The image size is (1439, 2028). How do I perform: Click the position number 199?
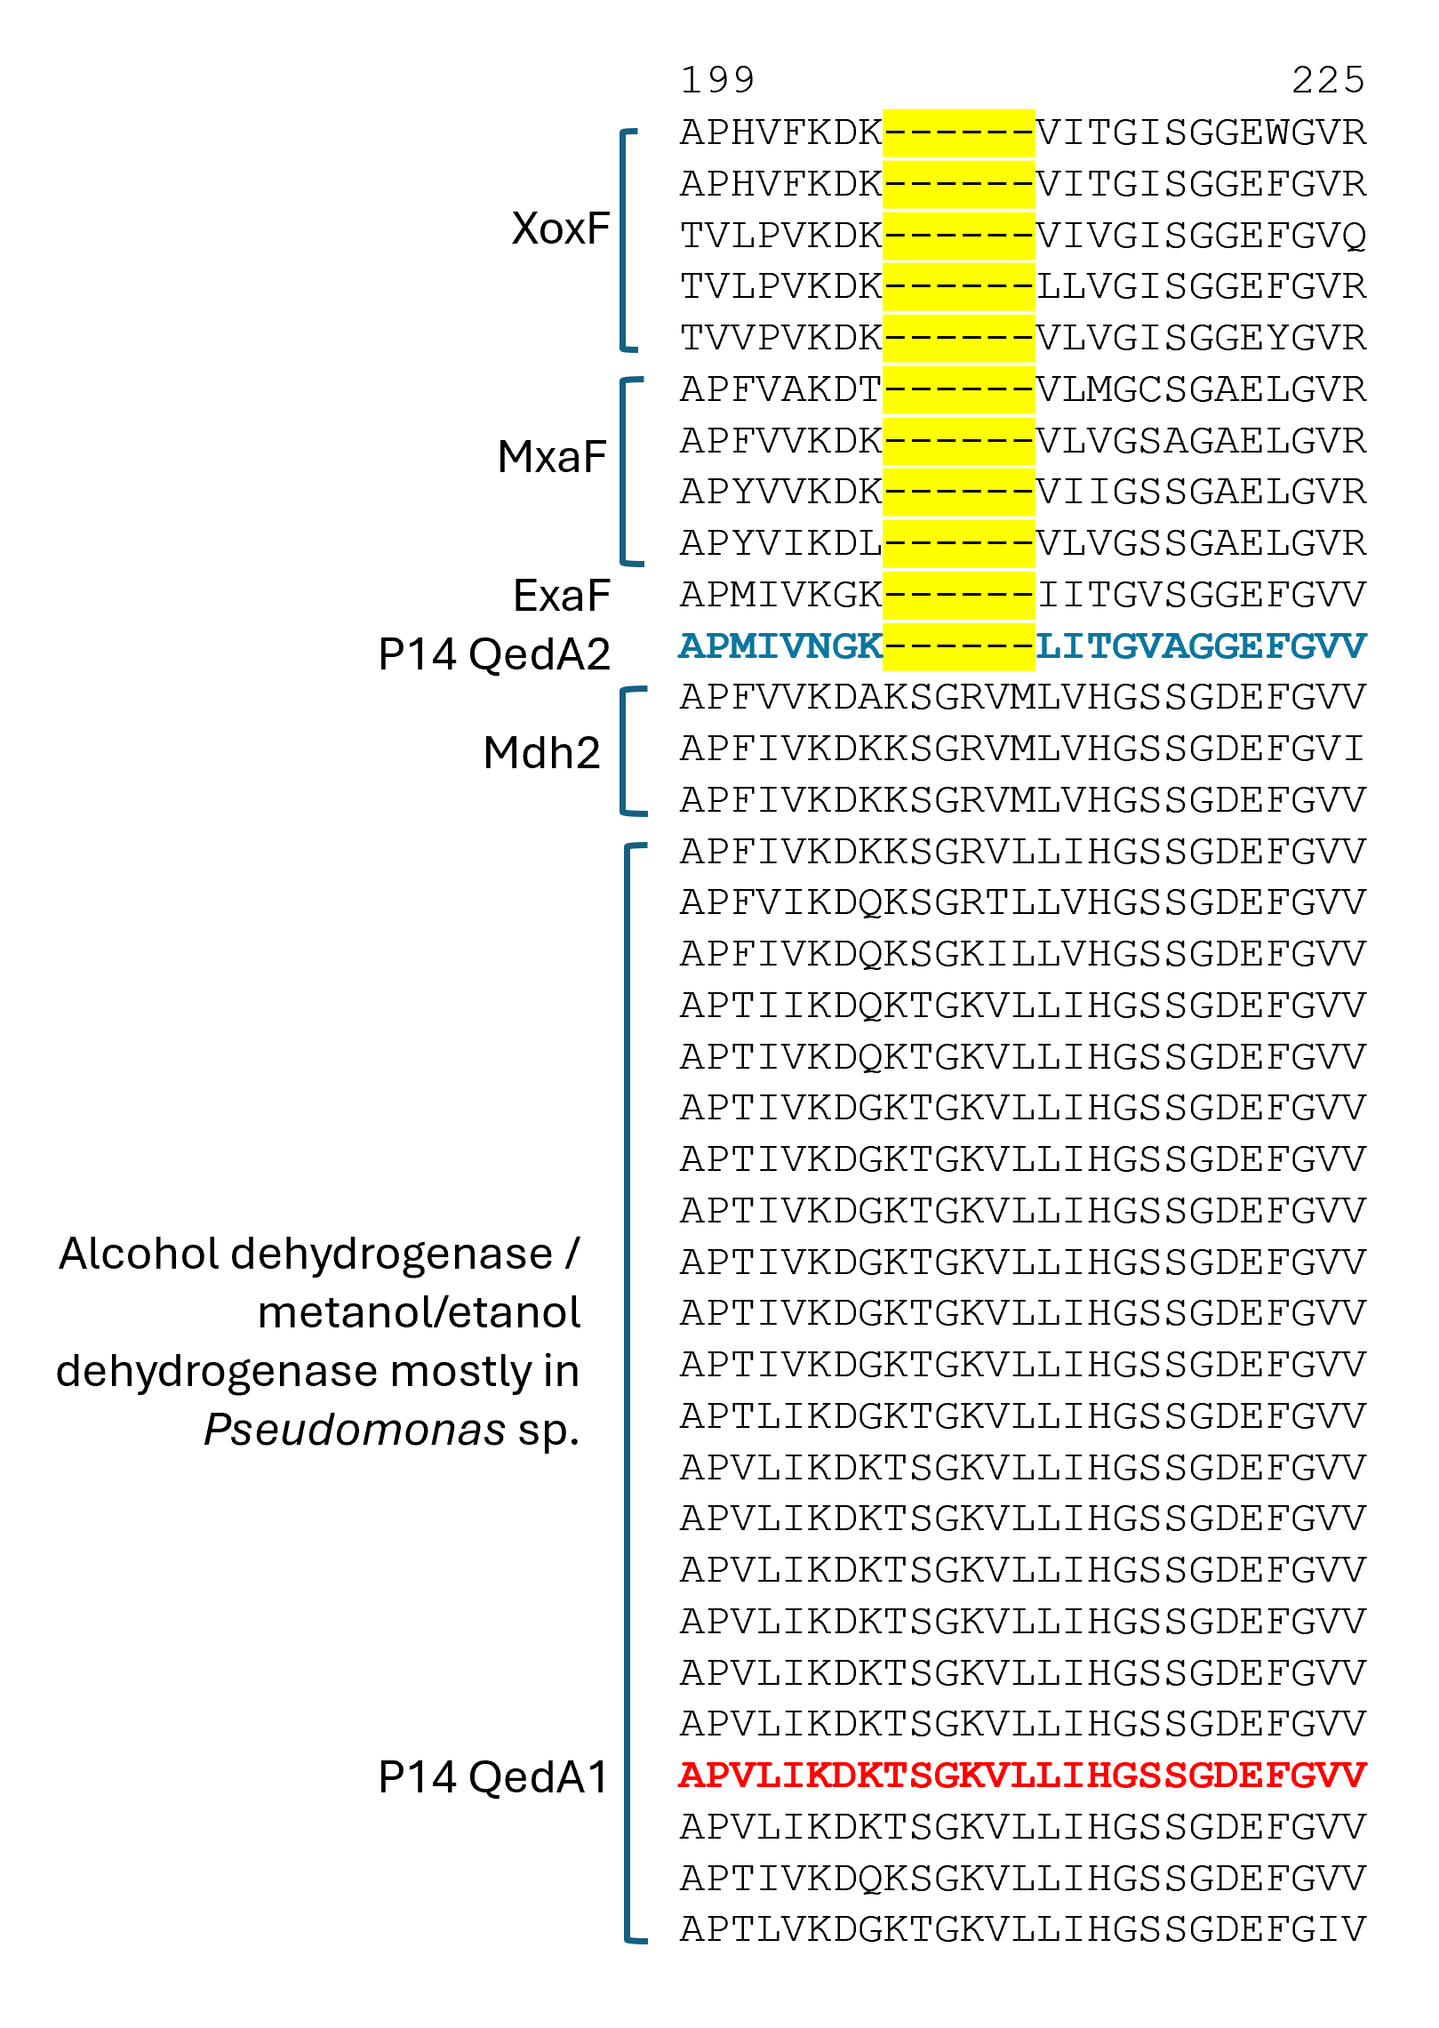[717, 80]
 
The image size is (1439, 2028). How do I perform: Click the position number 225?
[1328, 80]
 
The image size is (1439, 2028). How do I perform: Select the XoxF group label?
[561, 228]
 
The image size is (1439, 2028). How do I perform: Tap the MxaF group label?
[552, 457]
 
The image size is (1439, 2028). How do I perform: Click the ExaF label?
[562, 596]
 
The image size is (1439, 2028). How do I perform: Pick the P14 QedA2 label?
[494, 654]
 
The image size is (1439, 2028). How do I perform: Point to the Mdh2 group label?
[542, 752]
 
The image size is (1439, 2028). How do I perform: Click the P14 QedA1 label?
[494, 1777]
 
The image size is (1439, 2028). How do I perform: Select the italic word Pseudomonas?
[355, 1430]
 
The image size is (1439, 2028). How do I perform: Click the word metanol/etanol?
[419, 1312]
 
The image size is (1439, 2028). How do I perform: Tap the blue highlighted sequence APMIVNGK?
[780, 646]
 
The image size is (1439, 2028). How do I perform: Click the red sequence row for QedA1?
[1022, 1776]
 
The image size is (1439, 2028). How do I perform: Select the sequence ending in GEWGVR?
[1022, 132]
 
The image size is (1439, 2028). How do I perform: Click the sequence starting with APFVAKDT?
[1022, 389]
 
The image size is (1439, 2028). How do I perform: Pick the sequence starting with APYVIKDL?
[1022, 543]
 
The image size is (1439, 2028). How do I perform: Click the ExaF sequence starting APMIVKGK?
[1022, 595]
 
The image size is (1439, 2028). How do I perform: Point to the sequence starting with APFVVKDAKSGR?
[1022, 698]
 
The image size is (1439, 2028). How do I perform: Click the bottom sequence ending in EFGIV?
[1022, 1929]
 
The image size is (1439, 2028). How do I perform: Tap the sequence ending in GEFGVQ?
[1022, 236]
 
